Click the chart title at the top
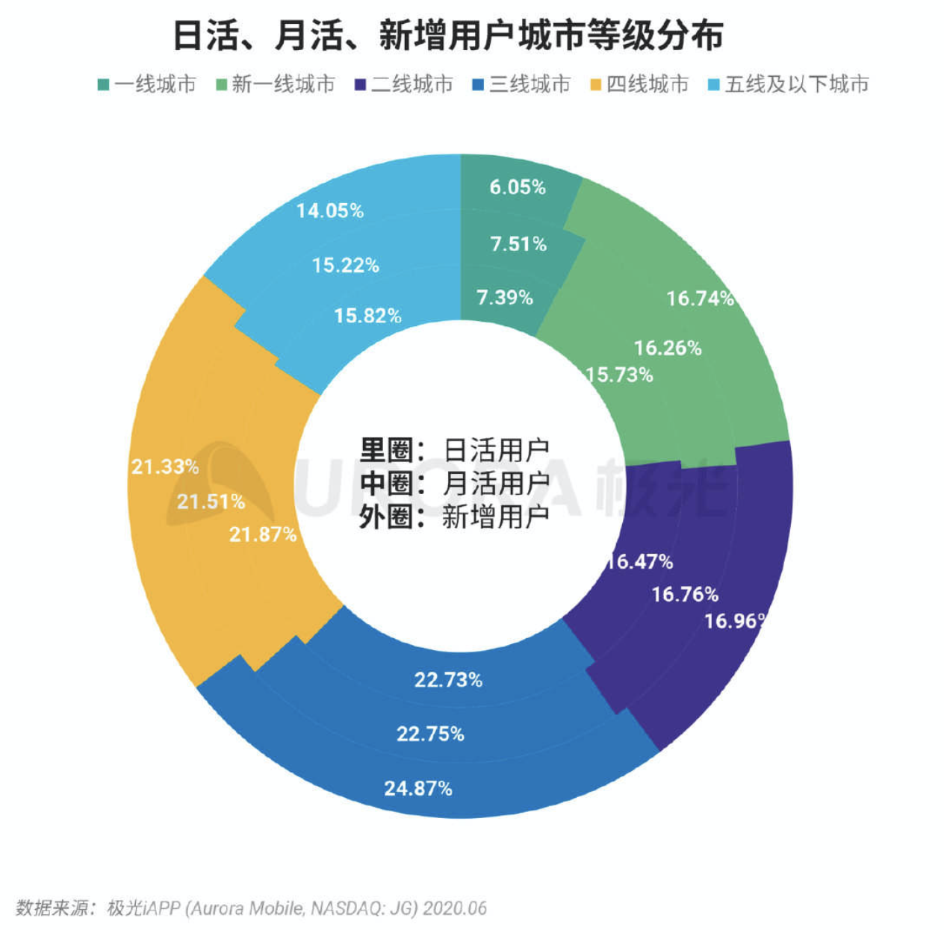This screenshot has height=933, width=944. [x=448, y=35]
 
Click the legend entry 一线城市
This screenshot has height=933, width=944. [x=147, y=84]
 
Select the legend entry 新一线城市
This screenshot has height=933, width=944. [x=276, y=84]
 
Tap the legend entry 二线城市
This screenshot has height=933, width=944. [x=404, y=84]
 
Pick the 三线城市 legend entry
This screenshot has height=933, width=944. [x=521, y=84]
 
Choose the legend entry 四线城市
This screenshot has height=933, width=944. [x=639, y=84]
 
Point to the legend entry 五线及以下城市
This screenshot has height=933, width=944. [x=789, y=84]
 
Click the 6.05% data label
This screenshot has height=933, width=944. [x=518, y=187]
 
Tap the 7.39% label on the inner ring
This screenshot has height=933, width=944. [x=505, y=298]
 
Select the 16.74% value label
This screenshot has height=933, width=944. [x=700, y=299]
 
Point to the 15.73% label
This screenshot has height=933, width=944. [x=620, y=375]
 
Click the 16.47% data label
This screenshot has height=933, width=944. [x=640, y=561]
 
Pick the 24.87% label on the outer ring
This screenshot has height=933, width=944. [x=418, y=788]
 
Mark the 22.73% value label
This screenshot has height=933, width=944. [x=448, y=680]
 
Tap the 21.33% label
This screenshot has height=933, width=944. [x=165, y=467]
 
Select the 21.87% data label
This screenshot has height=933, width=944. [x=263, y=534]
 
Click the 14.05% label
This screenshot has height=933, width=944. [x=330, y=211]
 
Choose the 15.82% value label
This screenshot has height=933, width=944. [x=367, y=316]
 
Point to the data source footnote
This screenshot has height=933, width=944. [x=251, y=908]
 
